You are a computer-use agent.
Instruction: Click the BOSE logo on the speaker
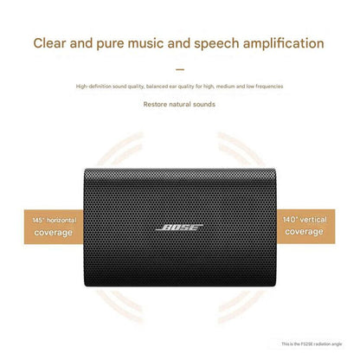[179, 228]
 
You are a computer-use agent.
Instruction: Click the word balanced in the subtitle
[157, 86]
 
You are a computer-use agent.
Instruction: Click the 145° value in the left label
[32, 222]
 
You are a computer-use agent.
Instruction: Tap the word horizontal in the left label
[58, 222]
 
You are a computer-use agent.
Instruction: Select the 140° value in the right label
[290, 221]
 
